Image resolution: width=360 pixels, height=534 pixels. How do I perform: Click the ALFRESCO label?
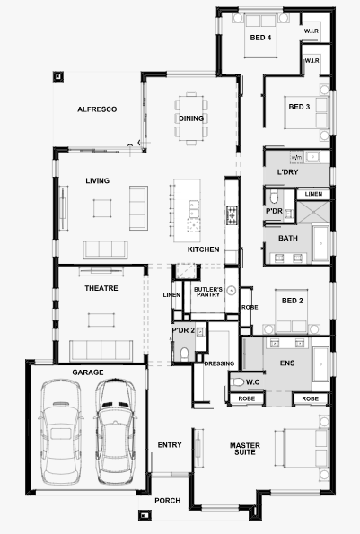click(x=97, y=109)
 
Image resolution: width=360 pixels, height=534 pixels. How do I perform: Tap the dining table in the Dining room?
click(x=191, y=118)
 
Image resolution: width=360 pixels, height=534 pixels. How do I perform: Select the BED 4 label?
click(x=260, y=38)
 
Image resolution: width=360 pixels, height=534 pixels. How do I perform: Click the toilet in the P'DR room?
click(x=274, y=197)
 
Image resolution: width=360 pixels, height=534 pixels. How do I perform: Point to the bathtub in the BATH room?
click(x=320, y=243)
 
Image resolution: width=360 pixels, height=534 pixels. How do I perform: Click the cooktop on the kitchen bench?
click(x=232, y=214)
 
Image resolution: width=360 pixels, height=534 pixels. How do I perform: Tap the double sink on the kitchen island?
click(x=194, y=209)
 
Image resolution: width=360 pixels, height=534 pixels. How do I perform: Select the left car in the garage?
click(x=61, y=432)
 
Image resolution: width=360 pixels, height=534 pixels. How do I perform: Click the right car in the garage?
click(x=115, y=431)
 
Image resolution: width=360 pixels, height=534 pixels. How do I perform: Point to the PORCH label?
click(x=168, y=501)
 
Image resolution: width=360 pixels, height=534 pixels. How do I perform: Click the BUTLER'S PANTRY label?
click(x=208, y=292)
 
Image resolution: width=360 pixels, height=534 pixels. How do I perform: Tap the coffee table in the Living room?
click(x=102, y=208)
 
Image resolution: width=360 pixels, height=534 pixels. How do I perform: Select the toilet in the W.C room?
click(x=237, y=382)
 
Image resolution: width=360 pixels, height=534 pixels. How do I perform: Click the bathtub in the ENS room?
click(x=320, y=364)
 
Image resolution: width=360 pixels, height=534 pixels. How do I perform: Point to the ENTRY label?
click(x=170, y=445)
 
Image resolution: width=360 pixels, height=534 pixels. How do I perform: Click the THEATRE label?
click(x=101, y=288)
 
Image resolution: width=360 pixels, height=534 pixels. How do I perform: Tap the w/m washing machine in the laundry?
click(x=296, y=157)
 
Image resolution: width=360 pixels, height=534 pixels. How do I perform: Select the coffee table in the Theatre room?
click(x=101, y=320)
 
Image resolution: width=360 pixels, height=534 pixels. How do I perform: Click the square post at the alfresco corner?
click(x=57, y=76)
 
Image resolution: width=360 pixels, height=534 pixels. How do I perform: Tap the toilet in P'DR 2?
click(x=184, y=355)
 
